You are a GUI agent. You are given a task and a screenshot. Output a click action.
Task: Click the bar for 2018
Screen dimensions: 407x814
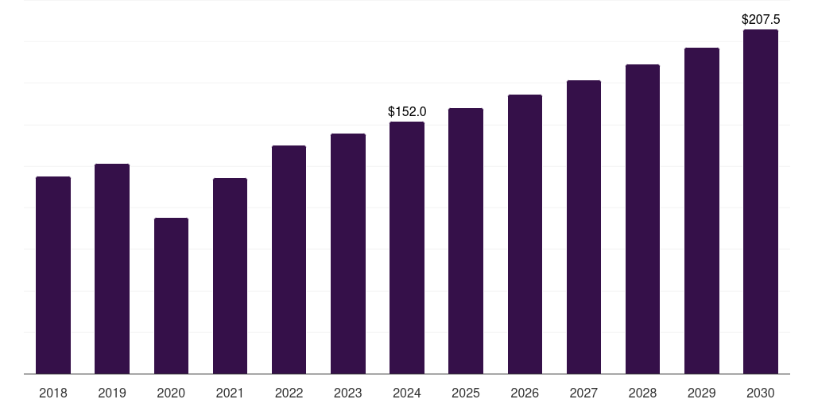click(53, 275)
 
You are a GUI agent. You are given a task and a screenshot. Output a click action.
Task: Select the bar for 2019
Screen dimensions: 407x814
click(112, 269)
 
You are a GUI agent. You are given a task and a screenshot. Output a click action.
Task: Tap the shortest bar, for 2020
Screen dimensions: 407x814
click(171, 296)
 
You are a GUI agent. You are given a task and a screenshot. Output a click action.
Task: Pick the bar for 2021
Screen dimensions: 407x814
click(230, 276)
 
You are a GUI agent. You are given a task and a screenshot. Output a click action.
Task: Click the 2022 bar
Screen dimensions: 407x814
click(289, 259)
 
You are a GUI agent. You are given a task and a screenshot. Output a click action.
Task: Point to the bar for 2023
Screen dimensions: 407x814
click(348, 254)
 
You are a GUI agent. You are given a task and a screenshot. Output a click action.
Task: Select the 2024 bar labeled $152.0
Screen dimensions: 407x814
click(407, 247)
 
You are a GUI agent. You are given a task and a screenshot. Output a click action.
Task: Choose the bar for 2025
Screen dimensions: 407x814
click(466, 241)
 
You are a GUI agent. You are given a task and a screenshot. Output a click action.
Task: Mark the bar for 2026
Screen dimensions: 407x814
click(525, 234)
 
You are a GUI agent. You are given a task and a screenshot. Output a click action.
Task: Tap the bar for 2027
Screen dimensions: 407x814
click(583, 227)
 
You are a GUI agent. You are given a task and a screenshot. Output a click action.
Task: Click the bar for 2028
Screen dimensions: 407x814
click(642, 219)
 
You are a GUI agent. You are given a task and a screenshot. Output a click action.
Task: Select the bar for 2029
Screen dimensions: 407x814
click(702, 211)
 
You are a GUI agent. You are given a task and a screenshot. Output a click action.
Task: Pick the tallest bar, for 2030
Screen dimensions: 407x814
click(761, 201)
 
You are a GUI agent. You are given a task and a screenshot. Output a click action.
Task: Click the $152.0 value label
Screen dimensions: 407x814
click(407, 112)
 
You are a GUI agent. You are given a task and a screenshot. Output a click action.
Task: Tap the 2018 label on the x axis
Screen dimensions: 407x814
click(53, 393)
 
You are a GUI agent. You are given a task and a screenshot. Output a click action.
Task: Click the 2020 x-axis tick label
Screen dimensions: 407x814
click(171, 393)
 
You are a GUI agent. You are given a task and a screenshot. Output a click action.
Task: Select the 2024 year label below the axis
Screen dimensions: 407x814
click(407, 393)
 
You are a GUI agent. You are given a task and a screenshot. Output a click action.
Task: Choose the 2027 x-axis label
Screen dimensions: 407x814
click(583, 393)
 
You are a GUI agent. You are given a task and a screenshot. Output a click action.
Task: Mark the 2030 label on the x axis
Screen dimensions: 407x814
click(761, 393)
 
